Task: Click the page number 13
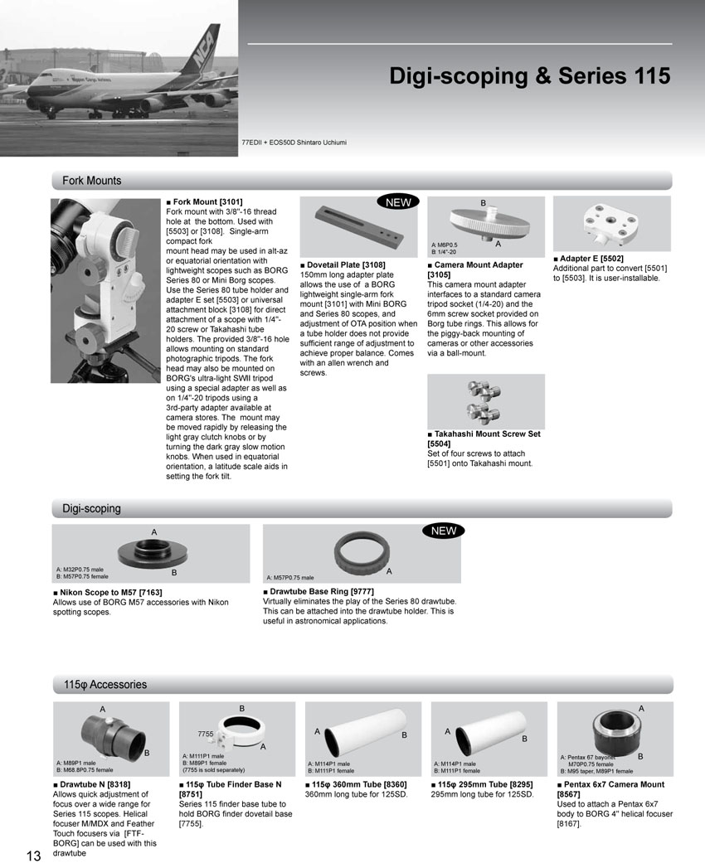(x=34, y=856)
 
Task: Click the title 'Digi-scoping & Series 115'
(x=529, y=76)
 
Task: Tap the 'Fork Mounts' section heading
(x=91, y=181)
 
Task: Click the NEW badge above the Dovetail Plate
(x=398, y=202)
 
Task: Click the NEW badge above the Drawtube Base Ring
(x=444, y=531)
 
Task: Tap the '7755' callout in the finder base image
(x=207, y=735)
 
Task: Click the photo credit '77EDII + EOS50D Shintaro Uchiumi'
(x=294, y=143)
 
